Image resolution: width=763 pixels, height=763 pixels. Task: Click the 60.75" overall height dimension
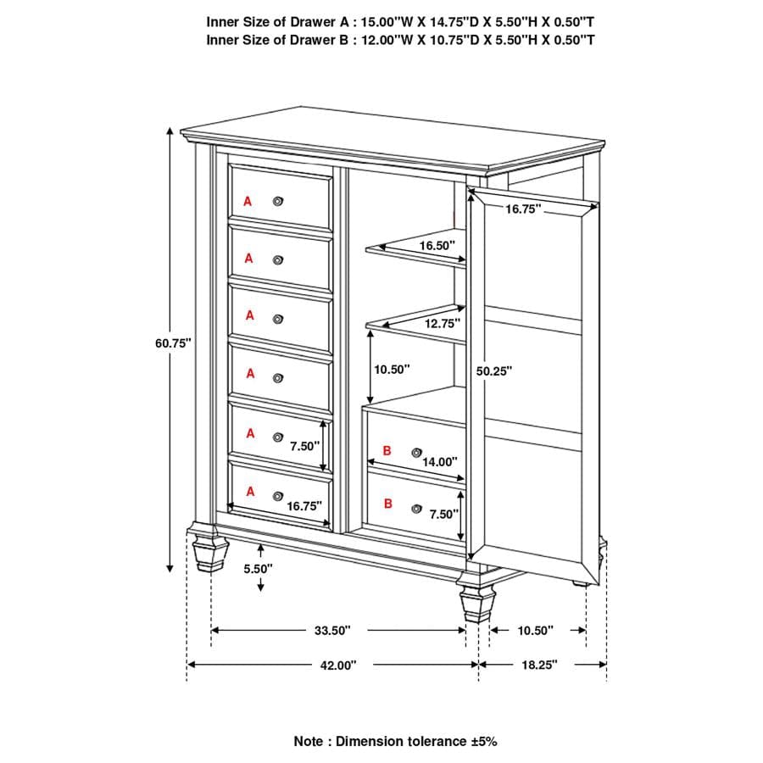click(174, 343)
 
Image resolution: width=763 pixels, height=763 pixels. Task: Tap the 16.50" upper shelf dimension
click(437, 245)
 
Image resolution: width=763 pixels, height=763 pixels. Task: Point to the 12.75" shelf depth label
click(442, 323)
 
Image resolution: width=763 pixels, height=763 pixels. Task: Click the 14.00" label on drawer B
click(439, 462)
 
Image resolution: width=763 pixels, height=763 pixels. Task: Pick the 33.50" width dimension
click(331, 631)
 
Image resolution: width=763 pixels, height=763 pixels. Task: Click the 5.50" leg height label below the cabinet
click(258, 569)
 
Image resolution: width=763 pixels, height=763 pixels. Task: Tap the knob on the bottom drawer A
click(277, 495)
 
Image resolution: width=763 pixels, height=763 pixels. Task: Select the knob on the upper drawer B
click(415, 453)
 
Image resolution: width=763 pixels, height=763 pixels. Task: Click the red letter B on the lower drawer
click(388, 504)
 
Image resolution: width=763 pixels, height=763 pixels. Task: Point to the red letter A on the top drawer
click(248, 201)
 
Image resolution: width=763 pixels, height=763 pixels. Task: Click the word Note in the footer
click(309, 741)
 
